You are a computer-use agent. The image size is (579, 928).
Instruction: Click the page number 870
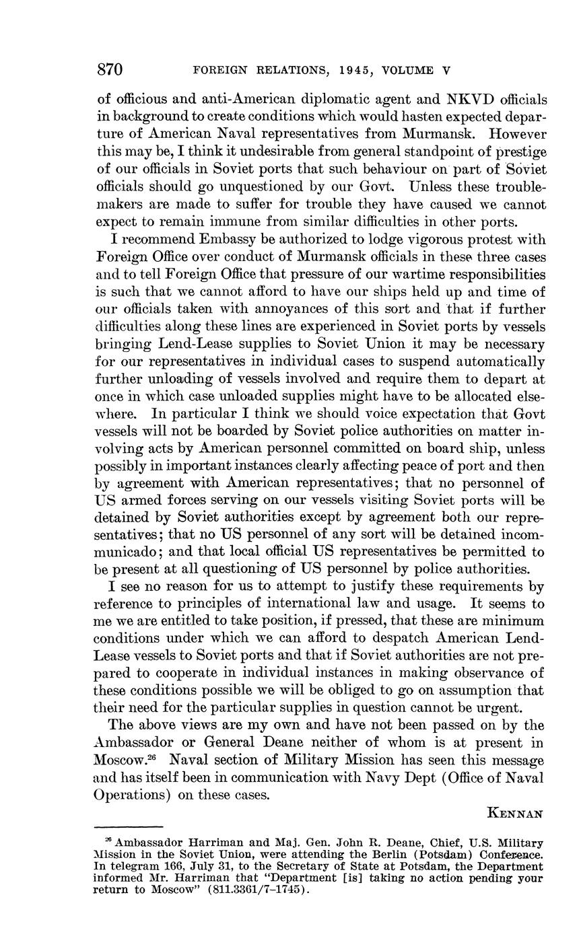[109, 69]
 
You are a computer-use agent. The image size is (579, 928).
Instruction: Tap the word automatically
[500, 361]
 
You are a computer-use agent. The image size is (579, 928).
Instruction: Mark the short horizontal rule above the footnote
[129, 826]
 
